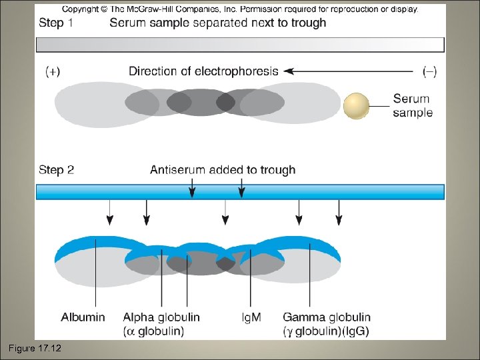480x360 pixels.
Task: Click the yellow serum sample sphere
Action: [x=356, y=106]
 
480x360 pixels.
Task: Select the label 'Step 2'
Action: [x=56, y=170]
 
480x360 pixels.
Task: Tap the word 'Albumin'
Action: [x=83, y=317]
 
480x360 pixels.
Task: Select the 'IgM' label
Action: [x=251, y=318]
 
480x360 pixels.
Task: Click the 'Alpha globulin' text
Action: [x=161, y=317]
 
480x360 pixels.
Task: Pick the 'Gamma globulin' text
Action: [x=327, y=317]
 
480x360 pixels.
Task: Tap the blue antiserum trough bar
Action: [x=239, y=192]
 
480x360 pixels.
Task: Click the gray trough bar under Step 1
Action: [x=239, y=45]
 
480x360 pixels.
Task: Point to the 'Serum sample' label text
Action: [x=412, y=106]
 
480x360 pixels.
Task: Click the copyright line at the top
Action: [x=240, y=9]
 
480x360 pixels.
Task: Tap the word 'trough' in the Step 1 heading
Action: [x=305, y=23]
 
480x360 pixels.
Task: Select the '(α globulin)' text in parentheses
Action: [x=154, y=331]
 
